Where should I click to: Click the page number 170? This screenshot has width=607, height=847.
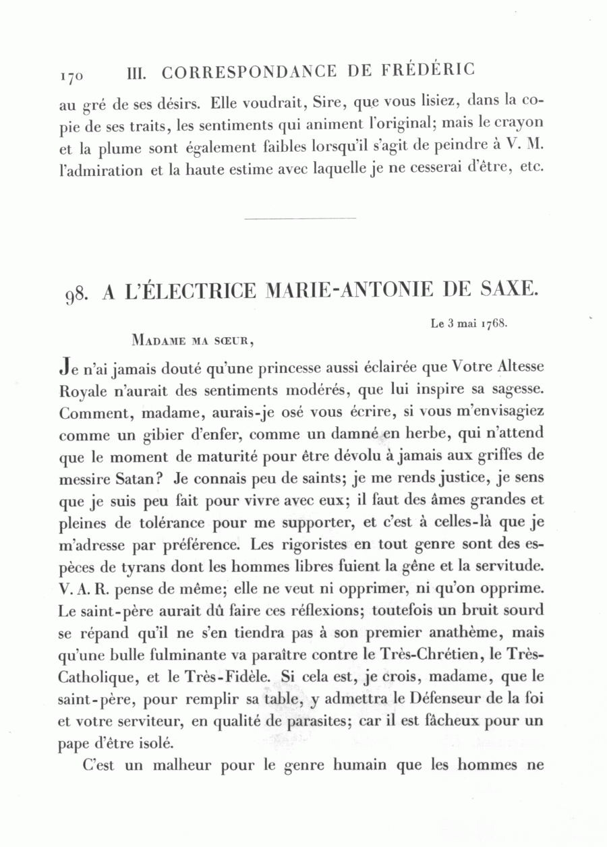[71, 76]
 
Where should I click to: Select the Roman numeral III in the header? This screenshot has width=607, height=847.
[138, 72]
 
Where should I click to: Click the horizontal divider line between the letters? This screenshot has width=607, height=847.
[299, 218]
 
